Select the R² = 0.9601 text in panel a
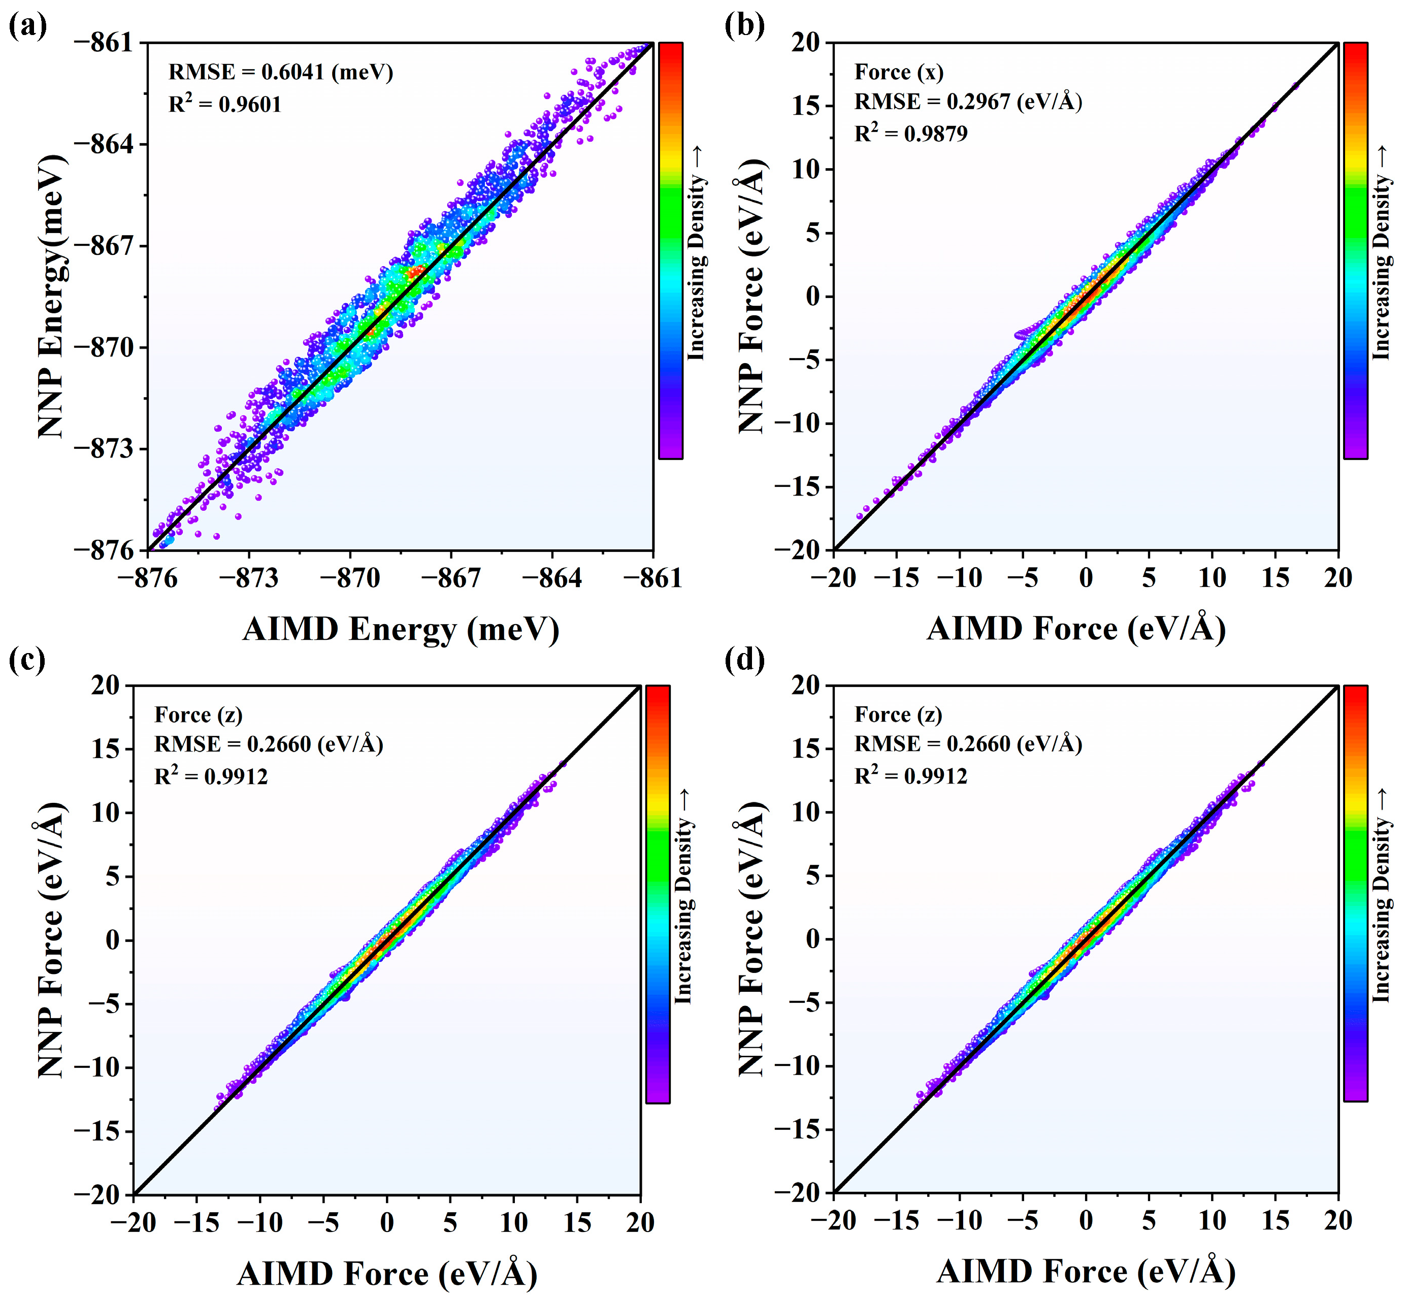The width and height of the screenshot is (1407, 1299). (225, 104)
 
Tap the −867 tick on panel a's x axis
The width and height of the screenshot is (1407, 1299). (450, 578)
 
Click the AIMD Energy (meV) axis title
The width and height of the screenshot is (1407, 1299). (401, 629)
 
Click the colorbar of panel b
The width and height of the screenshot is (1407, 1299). (1355, 251)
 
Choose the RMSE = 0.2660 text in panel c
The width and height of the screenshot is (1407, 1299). (269, 743)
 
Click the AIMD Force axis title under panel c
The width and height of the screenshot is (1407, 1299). (387, 1273)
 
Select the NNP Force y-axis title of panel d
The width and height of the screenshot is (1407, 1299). (752, 938)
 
